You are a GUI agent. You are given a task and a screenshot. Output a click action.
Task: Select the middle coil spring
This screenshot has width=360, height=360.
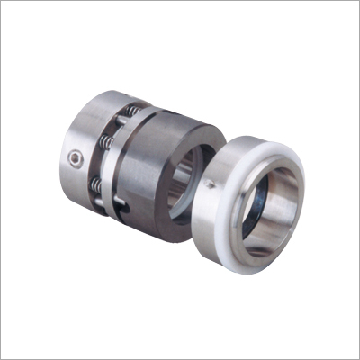108,145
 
